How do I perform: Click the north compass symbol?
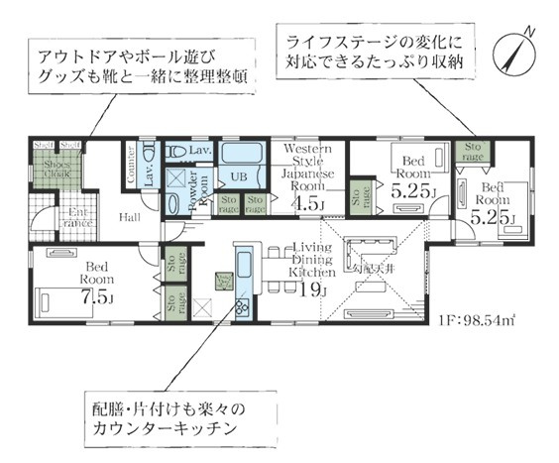(517, 47)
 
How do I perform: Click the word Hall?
(130, 217)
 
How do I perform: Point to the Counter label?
(130, 166)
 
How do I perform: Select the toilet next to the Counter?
(149, 154)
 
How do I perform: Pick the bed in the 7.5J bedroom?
(56, 295)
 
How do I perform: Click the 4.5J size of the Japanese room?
(306, 204)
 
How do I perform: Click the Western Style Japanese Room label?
(306, 165)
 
